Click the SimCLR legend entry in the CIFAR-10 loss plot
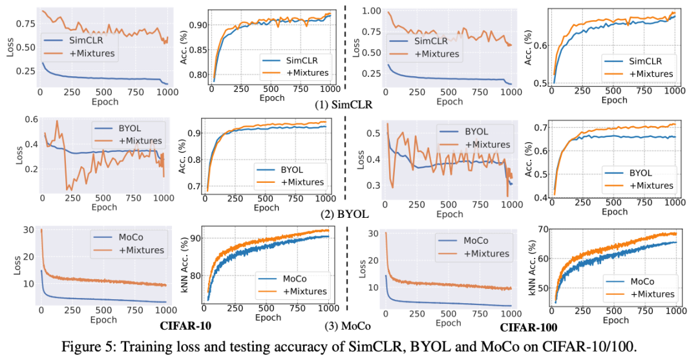(x=81, y=40)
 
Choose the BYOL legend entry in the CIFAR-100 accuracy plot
(x=640, y=173)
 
